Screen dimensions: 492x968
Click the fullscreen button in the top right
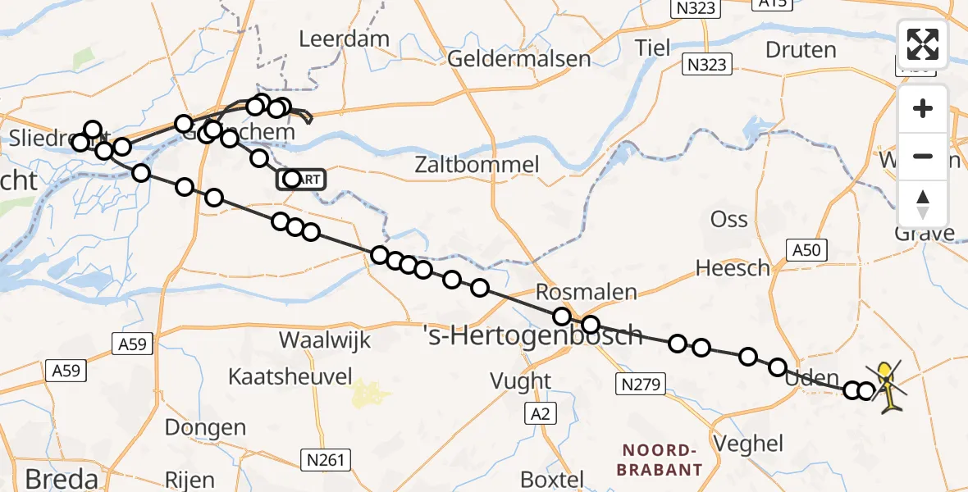point(923,44)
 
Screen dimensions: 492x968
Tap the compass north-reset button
point(923,204)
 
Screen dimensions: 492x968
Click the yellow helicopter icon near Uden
point(887,385)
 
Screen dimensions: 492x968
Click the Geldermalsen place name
point(519,59)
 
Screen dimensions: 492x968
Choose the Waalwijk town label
point(326,340)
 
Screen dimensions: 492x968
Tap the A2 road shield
point(540,415)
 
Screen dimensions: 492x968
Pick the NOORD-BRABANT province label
point(662,460)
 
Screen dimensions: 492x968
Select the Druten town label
point(800,50)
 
